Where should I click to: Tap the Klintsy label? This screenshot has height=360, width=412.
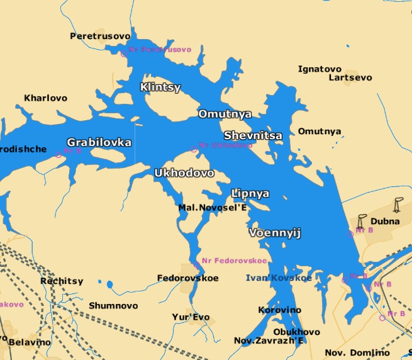pyautogui.click(x=160, y=87)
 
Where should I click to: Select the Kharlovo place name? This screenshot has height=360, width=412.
pyautogui.click(x=45, y=98)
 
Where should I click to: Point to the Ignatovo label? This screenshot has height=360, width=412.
pyautogui.click(x=320, y=69)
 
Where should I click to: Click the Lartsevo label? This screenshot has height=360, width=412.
pyautogui.click(x=350, y=77)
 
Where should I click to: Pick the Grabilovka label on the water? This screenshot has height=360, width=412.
pyautogui.click(x=99, y=142)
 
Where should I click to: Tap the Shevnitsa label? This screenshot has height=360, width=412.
pyautogui.click(x=253, y=135)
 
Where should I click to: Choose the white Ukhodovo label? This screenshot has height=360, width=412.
pyautogui.click(x=184, y=172)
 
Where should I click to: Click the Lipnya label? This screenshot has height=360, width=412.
pyautogui.click(x=250, y=193)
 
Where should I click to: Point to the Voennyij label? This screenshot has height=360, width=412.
pyautogui.click(x=276, y=233)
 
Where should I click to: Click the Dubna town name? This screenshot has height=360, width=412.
pyautogui.click(x=384, y=221)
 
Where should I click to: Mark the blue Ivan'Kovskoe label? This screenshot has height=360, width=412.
pyautogui.click(x=278, y=278)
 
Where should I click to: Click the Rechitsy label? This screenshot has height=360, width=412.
pyautogui.click(x=61, y=281)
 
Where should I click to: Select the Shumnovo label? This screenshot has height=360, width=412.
pyautogui.click(x=113, y=305)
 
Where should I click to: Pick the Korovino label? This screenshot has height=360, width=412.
pyautogui.click(x=280, y=310)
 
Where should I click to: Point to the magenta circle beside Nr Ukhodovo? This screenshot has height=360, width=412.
pyautogui.click(x=194, y=149)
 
